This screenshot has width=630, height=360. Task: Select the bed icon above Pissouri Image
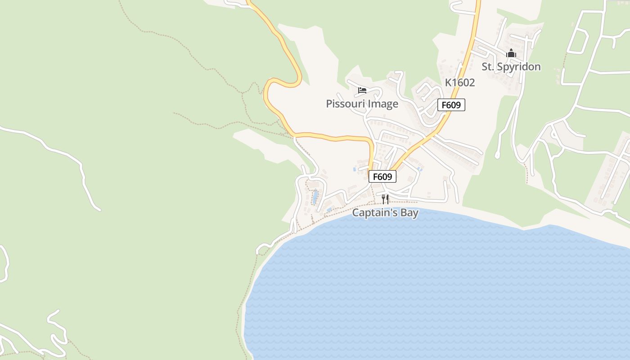pyautogui.click(x=362, y=90)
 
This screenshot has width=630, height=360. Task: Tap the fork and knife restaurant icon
pyautogui.click(x=385, y=198)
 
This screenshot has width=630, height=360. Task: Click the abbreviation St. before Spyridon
pyautogui.click(x=487, y=67)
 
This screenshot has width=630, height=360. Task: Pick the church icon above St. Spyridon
pyautogui.click(x=511, y=54)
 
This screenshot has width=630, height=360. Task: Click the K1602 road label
pyautogui.click(x=460, y=82)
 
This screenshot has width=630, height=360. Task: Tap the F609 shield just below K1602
pyautogui.click(x=451, y=105)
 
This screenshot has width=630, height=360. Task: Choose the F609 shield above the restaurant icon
pyautogui.click(x=382, y=176)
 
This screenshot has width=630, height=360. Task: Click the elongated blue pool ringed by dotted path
pyautogui.click(x=315, y=196)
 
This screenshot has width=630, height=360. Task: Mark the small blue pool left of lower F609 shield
pyautogui.click(x=355, y=170)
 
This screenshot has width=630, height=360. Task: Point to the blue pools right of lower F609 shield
pyautogui.click(x=419, y=169)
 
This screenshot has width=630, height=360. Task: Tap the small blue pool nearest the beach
pyautogui.click(x=329, y=210)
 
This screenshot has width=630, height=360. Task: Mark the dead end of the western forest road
pyautogui.click(x=99, y=209)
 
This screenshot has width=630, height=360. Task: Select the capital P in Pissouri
pyautogui.click(x=329, y=104)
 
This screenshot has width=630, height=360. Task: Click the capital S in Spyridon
pyautogui.click(x=499, y=67)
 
